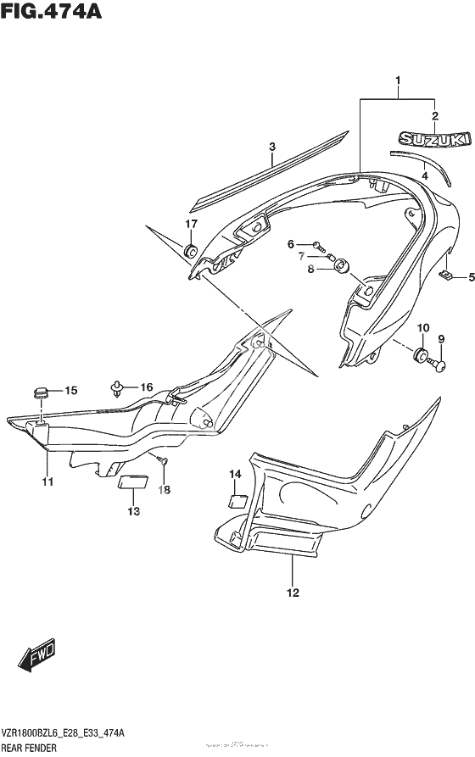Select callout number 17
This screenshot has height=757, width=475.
[x=192, y=224]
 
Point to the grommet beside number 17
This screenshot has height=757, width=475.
[x=191, y=251]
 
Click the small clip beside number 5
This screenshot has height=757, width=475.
[x=444, y=276]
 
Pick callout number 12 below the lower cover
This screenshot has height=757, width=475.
[x=293, y=593]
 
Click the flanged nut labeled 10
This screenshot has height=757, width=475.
[x=422, y=354]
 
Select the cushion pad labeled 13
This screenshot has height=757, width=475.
[x=131, y=483]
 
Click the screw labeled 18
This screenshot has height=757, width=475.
[x=164, y=461]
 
